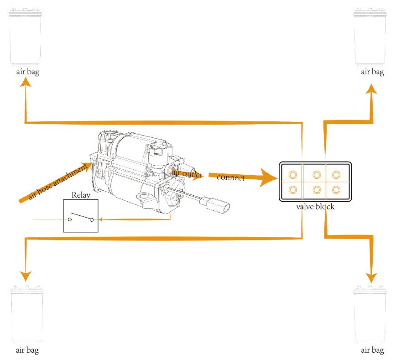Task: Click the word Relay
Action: coord(81,195)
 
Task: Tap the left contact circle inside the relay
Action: coord(70,219)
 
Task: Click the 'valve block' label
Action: coord(315,207)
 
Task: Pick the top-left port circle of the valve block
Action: coord(292,174)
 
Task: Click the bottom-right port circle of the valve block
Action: coord(336,189)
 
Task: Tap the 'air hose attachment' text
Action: coord(57,182)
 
